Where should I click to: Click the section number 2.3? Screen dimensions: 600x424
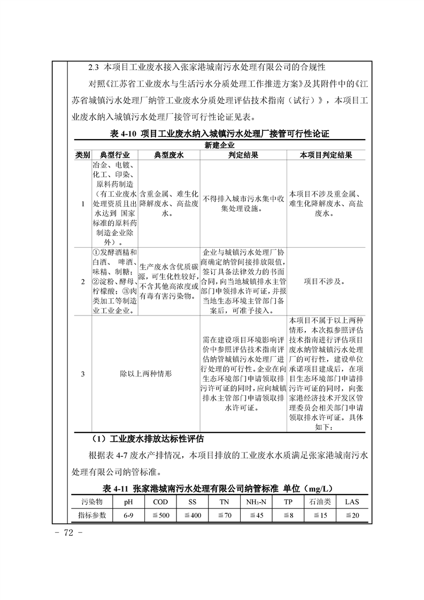94,67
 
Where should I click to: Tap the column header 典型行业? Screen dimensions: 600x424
114,155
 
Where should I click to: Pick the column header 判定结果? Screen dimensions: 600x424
243,155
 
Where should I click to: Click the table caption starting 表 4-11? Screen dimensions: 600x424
219,489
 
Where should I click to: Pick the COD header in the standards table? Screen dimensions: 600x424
160,502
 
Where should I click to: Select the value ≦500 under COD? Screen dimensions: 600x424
160,516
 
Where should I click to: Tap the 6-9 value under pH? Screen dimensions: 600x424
128,516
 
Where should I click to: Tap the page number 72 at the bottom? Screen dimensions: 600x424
70,534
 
